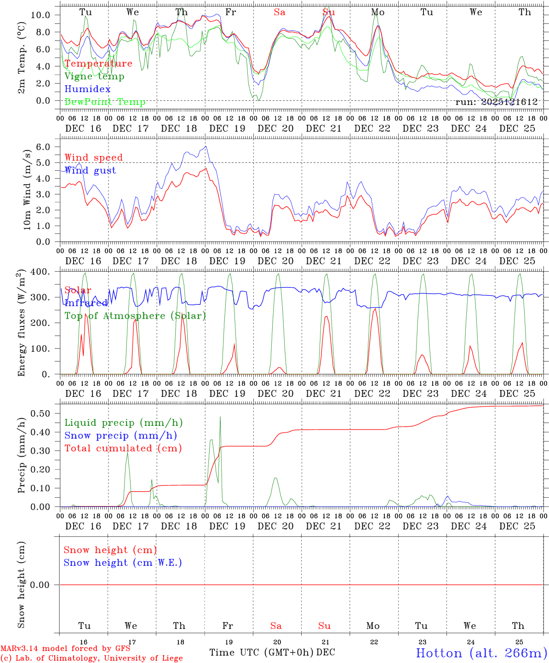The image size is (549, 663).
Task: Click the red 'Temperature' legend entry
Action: click(x=98, y=64)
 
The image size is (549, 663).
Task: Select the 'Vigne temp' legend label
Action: click(x=94, y=76)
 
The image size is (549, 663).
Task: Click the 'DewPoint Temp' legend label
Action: click(x=105, y=102)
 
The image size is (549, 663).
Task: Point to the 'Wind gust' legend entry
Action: click(x=90, y=170)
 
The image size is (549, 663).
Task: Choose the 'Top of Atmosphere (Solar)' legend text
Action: click(x=135, y=316)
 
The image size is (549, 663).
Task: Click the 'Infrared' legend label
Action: click(x=86, y=303)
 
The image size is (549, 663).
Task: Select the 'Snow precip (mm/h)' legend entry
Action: click(x=120, y=436)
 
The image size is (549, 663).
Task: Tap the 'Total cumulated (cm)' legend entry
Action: click(x=123, y=448)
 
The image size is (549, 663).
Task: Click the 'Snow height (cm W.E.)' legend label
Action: click(x=123, y=563)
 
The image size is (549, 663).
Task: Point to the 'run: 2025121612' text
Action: click(x=497, y=102)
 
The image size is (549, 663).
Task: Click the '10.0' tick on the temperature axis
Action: click(x=40, y=15)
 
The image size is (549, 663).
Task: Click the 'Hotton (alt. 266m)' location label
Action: click(x=481, y=653)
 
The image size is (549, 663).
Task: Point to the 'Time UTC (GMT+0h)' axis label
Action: click(x=262, y=652)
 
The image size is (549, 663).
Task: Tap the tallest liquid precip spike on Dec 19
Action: click(x=220, y=417)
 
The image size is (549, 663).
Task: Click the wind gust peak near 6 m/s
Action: click(x=206, y=146)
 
